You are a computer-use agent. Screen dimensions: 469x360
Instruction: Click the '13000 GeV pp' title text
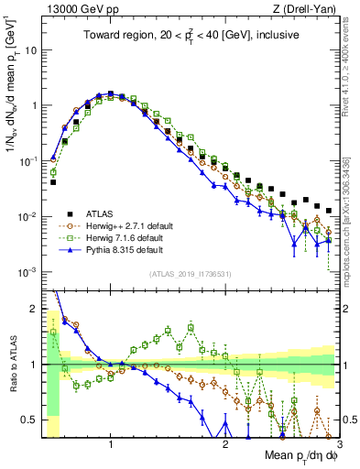[x=76, y=8]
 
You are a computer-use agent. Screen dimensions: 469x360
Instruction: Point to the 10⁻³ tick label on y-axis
[x=28, y=272]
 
